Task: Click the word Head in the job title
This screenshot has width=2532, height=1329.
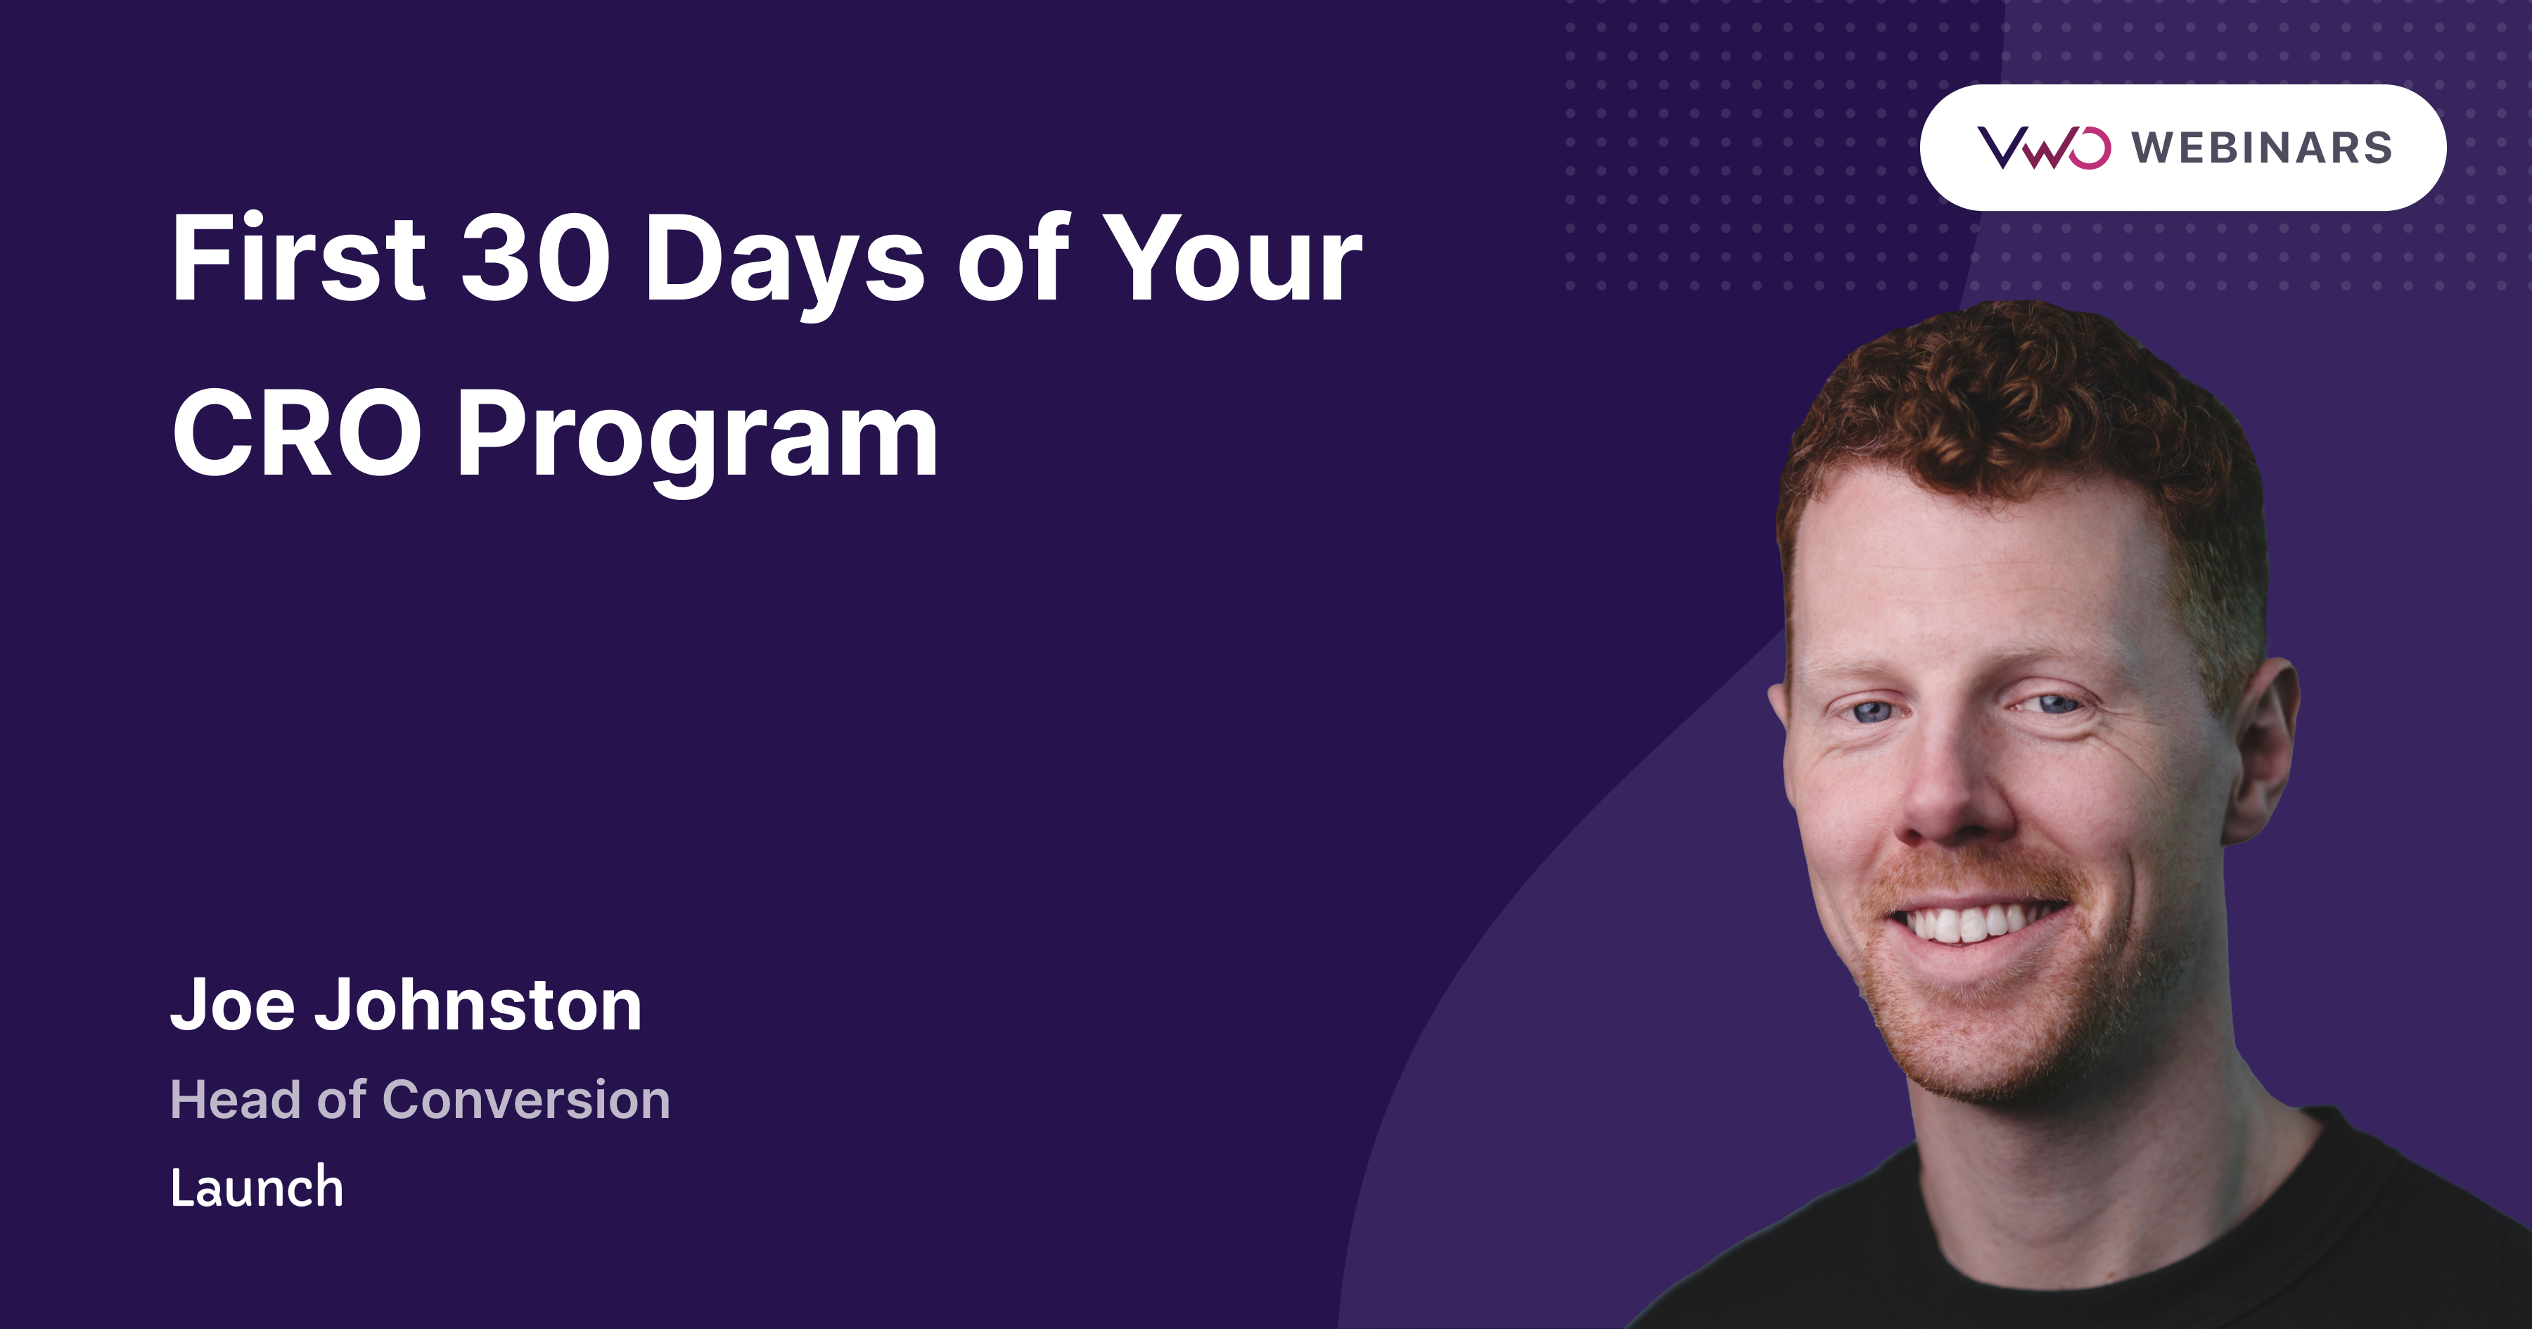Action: tap(235, 1099)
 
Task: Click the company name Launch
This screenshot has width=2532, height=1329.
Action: tap(257, 1188)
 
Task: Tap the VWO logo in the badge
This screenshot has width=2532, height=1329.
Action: tap(2042, 148)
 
